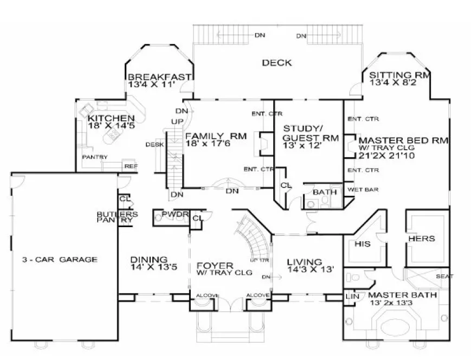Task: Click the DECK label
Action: (x=276, y=63)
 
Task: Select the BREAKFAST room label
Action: (x=159, y=77)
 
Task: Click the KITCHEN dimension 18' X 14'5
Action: (x=111, y=126)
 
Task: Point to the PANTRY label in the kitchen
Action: (x=95, y=157)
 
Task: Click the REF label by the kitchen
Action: (x=130, y=166)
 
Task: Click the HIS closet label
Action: (x=362, y=243)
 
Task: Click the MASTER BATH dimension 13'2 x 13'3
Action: (x=398, y=303)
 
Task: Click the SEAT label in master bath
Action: (x=442, y=277)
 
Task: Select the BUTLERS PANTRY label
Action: (x=113, y=217)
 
